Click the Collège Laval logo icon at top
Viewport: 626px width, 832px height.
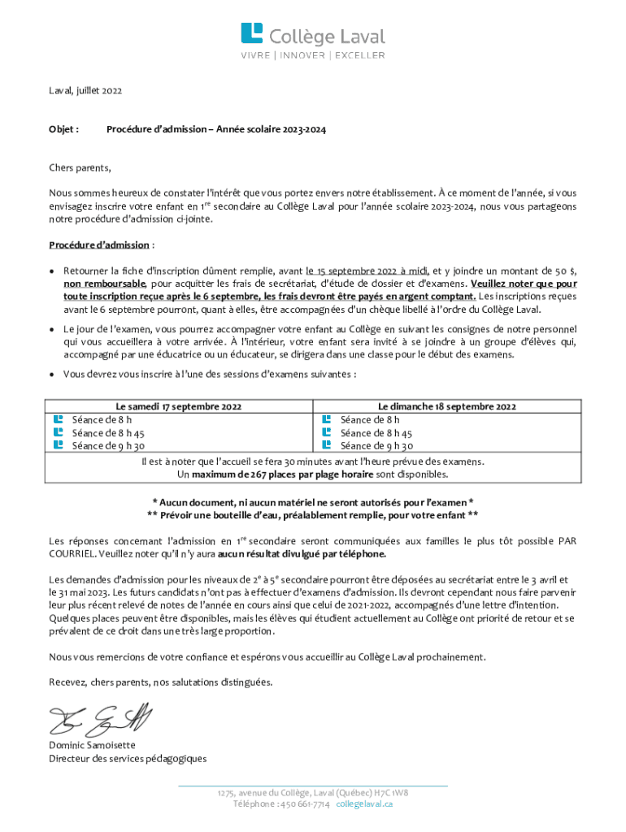click(x=251, y=34)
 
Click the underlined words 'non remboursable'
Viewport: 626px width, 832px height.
click(x=105, y=284)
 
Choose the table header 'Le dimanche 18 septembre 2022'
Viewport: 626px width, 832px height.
click(x=447, y=406)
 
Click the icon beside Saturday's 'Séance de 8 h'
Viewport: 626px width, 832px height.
click(x=58, y=419)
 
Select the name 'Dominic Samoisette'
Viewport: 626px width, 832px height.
click(x=93, y=745)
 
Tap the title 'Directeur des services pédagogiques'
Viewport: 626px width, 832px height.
click(x=128, y=759)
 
